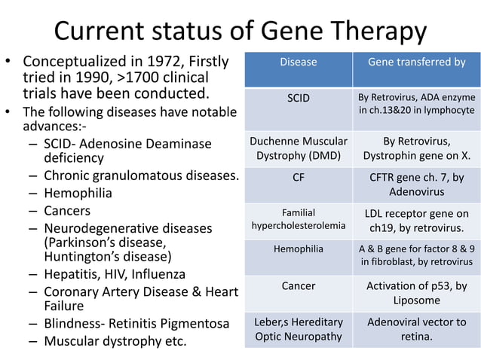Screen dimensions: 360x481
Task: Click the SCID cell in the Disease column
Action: pyautogui.click(x=298, y=98)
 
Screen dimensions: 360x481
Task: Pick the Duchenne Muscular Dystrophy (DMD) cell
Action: pyautogui.click(x=298, y=148)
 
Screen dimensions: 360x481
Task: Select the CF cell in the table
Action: pyautogui.click(x=298, y=179)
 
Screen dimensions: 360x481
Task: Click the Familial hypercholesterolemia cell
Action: pyautogui.click(x=298, y=218)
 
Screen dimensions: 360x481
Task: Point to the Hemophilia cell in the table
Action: pyautogui.click(x=298, y=248)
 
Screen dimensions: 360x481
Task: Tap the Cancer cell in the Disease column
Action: pyautogui.click(x=298, y=286)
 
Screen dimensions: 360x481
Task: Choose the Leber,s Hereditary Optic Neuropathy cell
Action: pyautogui.click(x=298, y=329)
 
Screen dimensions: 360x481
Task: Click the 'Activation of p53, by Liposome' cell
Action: pyautogui.click(x=416, y=293)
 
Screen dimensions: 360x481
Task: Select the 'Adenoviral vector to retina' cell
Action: pyautogui.click(x=416, y=329)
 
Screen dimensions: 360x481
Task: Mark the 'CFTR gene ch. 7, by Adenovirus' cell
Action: pyautogui.click(x=416, y=185)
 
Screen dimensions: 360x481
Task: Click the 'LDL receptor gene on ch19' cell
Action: pyautogui.click(x=416, y=218)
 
